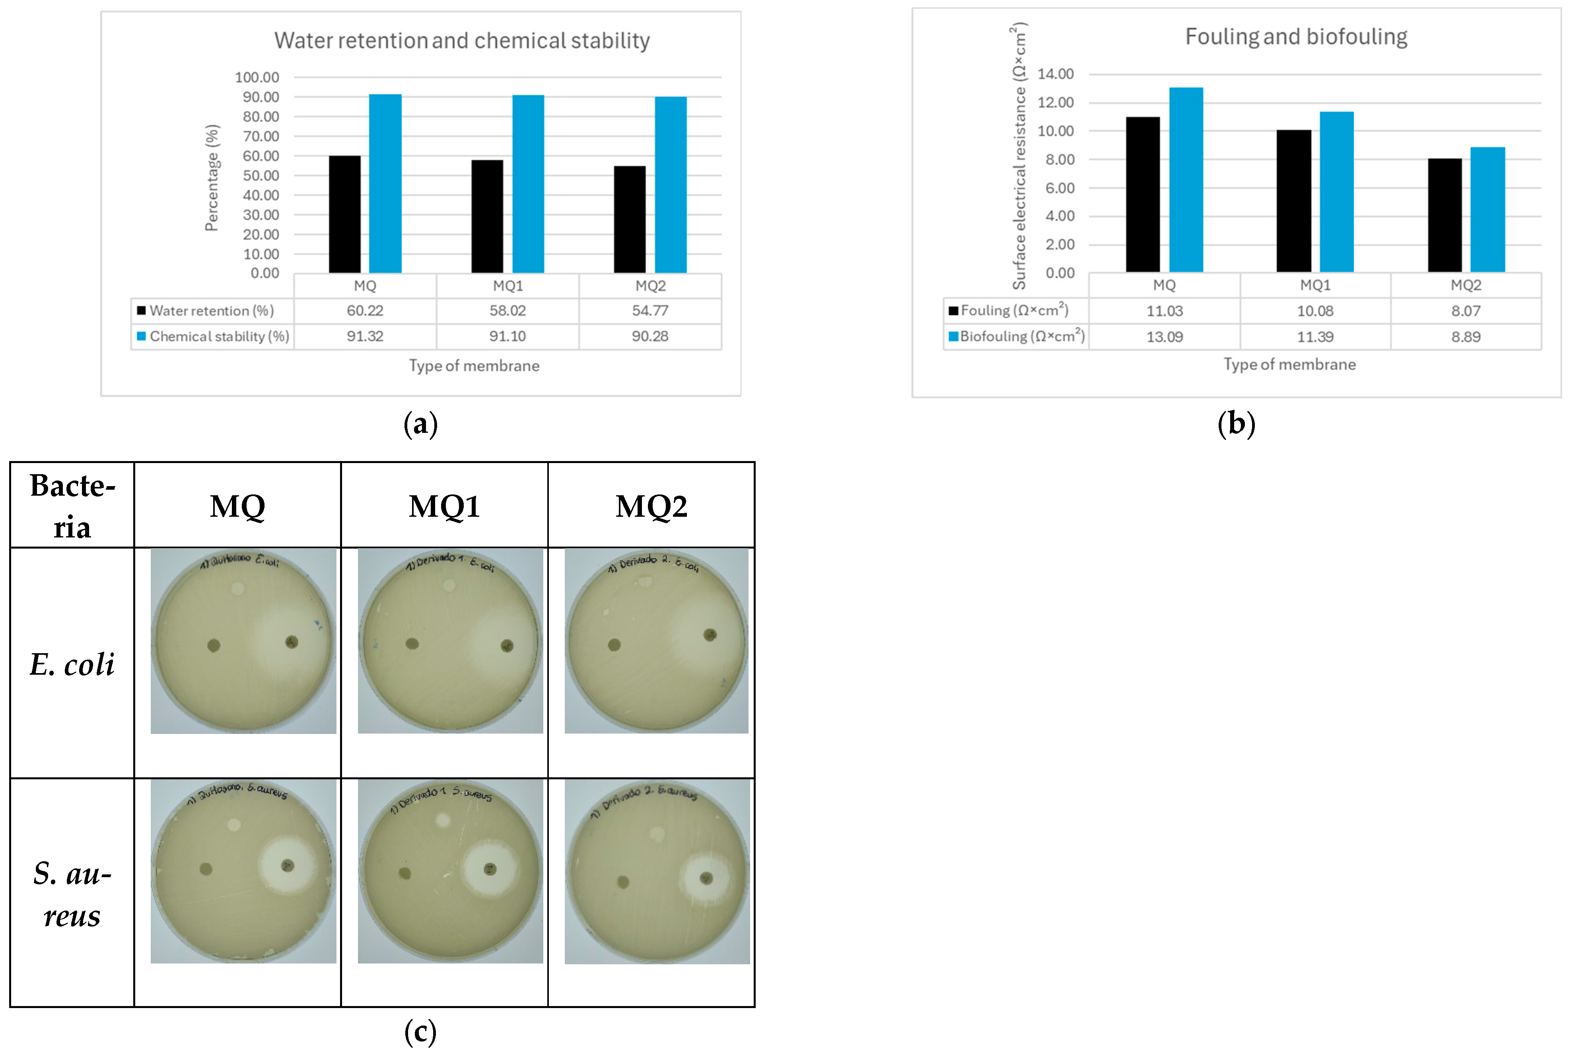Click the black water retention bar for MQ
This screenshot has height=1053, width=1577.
click(344, 214)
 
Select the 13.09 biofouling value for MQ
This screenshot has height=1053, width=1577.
click(1164, 337)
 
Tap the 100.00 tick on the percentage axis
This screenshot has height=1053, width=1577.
click(257, 77)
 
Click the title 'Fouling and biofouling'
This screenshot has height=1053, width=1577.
click(1296, 37)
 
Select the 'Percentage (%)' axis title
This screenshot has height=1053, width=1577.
click(212, 178)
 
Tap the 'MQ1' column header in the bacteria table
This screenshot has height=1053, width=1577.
click(444, 506)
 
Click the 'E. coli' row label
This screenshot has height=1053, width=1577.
click(72, 664)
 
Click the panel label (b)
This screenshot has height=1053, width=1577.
click(1236, 424)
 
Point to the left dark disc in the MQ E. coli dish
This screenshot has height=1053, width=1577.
click(214, 646)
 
